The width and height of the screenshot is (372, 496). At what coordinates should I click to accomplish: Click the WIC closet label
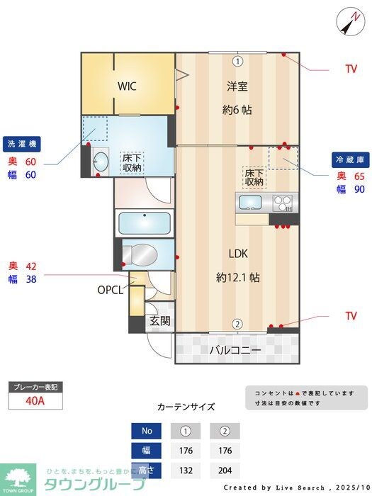(x=128, y=86)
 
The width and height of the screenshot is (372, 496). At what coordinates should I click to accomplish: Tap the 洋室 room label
(x=237, y=86)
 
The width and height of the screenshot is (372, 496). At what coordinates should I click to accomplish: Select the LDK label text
(x=237, y=254)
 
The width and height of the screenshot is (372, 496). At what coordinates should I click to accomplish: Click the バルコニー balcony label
(x=235, y=350)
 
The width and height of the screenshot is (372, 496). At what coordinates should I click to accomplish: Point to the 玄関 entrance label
(x=160, y=321)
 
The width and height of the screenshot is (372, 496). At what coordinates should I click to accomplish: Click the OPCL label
(x=111, y=290)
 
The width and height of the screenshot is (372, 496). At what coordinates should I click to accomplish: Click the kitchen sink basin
(x=251, y=203)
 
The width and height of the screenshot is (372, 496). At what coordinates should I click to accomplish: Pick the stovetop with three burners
(x=283, y=203)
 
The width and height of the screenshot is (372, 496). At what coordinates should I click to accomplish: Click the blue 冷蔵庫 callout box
(x=349, y=159)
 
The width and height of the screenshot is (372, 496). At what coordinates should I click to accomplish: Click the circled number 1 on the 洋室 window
(x=237, y=61)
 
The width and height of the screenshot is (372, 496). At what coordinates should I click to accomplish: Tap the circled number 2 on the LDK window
(x=237, y=324)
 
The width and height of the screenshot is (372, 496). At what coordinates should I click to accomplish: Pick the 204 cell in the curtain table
(x=225, y=469)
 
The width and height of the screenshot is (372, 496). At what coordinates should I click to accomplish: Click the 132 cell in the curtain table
(x=185, y=469)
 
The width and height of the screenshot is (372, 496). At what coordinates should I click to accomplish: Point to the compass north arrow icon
(x=349, y=21)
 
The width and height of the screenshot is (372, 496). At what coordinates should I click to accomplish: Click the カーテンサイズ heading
(x=186, y=407)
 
